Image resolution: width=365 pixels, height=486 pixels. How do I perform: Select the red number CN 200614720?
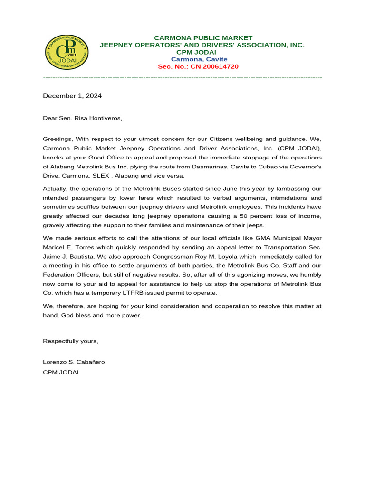[x=214, y=67]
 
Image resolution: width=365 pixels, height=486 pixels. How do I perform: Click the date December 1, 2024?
[x=72, y=96]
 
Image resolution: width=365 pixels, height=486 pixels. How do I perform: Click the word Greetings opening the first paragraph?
[x=56, y=139]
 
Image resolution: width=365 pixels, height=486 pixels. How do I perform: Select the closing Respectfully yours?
[x=71, y=341]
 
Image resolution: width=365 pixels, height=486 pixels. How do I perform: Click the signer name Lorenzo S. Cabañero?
[x=74, y=362]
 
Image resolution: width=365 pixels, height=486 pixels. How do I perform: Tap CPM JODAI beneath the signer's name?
[x=61, y=372]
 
